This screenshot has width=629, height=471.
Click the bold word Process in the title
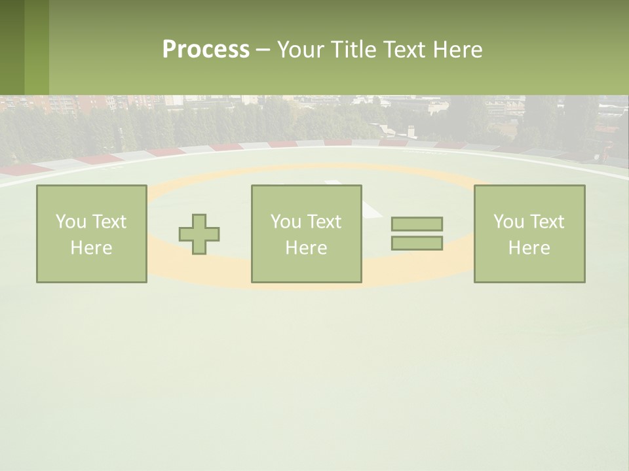pos(206,50)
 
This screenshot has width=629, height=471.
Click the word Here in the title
pos(457,50)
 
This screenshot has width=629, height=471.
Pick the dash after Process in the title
pos(263,50)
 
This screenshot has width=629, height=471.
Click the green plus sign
pos(199,234)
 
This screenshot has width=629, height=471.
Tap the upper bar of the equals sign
pos(417,224)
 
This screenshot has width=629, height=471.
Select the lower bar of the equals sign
pos(417,243)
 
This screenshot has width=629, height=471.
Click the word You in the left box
pos(71,222)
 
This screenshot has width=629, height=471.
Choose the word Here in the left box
pos(91,248)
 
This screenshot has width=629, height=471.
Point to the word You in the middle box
pos(286,222)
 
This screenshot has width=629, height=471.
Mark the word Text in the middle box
pos(323,222)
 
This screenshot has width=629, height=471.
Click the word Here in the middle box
pos(306,248)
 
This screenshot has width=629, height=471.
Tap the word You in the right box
pos(508,222)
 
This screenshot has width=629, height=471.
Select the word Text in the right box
pos(546,222)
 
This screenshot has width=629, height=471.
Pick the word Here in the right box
pos(529,248)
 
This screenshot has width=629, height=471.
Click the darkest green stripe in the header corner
pos(12,47)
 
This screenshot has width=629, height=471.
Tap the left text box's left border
pos(37,234)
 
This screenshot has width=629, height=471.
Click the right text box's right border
pos(584,234)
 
